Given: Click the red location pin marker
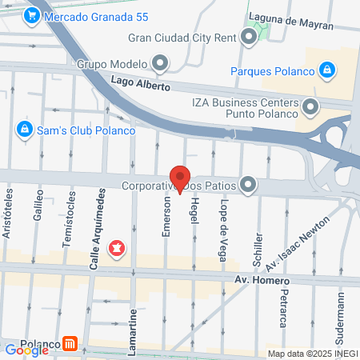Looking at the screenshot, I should [x=180, y=178].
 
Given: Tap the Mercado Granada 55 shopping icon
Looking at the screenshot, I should [x=33, y=14].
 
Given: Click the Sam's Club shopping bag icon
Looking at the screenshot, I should [x=25, y=129].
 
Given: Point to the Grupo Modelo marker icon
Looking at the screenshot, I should [x=161, y=63].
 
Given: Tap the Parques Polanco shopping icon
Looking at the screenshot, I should [x=326, y=71].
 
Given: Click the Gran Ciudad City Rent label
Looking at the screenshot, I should [x=183, y=38].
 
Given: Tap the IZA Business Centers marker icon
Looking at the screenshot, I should [x=311, y=106].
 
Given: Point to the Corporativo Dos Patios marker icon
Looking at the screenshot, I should [x=249, y=185].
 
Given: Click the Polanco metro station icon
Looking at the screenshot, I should [x=71, y=344].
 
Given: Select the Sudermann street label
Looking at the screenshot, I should [x=341, y=316].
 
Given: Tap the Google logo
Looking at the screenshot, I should [x=26, y=350].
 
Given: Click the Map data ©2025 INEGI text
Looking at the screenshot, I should [x=311, y=354].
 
